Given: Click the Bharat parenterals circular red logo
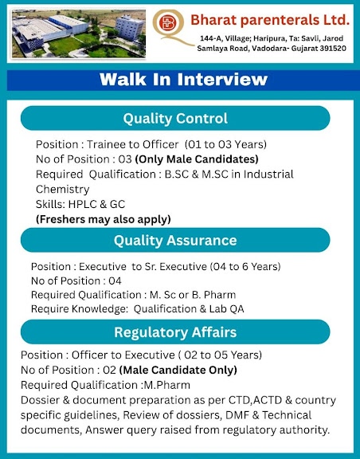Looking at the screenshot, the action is click(x=168, y=22).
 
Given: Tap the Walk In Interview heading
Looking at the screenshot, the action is click(x=183, y=80).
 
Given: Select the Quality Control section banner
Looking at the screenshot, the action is click(x=175, y=118).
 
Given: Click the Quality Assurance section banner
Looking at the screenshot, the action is click(x=175, y=241).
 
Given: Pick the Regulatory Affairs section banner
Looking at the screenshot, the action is click(x=175, y=332).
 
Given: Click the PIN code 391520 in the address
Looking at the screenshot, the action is click(x=333, y=49).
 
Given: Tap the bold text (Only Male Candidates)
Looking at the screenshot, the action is click(x=197, y=159).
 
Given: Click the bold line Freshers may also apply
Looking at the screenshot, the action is click(x=104, y=219).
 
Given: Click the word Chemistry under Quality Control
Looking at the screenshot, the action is click(x=63, y=190).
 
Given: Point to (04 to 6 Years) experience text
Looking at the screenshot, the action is click(x=245, y=266).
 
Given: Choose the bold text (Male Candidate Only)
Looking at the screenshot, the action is click(x=178, y=370).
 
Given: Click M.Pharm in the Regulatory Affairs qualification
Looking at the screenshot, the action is click(x=167, y=385).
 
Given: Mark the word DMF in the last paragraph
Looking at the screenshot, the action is click(x=236, y=415).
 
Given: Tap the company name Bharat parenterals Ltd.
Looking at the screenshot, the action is click(x=270, y=20).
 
